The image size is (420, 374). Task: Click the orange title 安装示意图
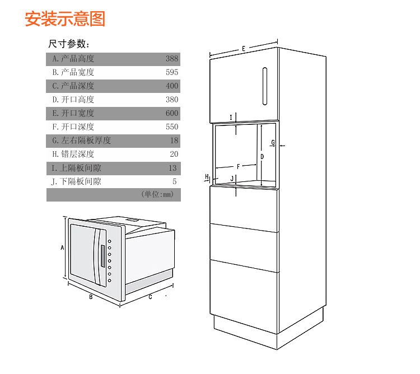pyautogui.click(x=65, y=18)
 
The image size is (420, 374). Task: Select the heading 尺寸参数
pyautogui.click(x=69, y=44)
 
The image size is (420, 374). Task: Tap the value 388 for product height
pyautogui.click(x=172, y=59)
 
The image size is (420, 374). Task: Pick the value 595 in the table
pyautogui.click(x=172, y=72)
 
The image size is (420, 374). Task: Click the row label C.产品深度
pyautogui.click(x=73, y=86)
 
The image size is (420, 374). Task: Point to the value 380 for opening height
pyautogui.click(x=172, y=100)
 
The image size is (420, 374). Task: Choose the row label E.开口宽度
pyautogui.click(x=73, y=113)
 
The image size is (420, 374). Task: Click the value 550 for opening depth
pyautogui.click(x=172, y=127)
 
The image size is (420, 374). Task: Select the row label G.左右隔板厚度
pyautogui.click(x=81, y=141)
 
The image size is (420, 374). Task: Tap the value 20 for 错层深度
pyautogui.click(x=174, y=154)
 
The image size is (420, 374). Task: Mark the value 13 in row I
pyautogui.click(x=173, y=168)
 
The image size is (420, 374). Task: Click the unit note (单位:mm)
pyautogui.click(x=157, y=194)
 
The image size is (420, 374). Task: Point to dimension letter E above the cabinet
pyautogui.click(x=244, y=49)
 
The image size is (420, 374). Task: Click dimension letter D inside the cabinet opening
pyautogui.click(x=262, y=157)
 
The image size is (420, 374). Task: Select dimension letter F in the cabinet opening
pyautogui.click(x=238, y=167)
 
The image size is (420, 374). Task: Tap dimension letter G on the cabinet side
pyautogui.click(x=273, y=142)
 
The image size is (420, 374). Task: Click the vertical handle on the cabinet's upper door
pyautogui.click(x=265, y=86)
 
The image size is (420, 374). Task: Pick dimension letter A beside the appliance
pyautogui.click(x=62, y=247)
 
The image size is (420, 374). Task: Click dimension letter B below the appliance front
pyautogui.click(x=91, y=297)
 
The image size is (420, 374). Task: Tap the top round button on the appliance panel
pyautogui.click(x=110, y=241)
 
